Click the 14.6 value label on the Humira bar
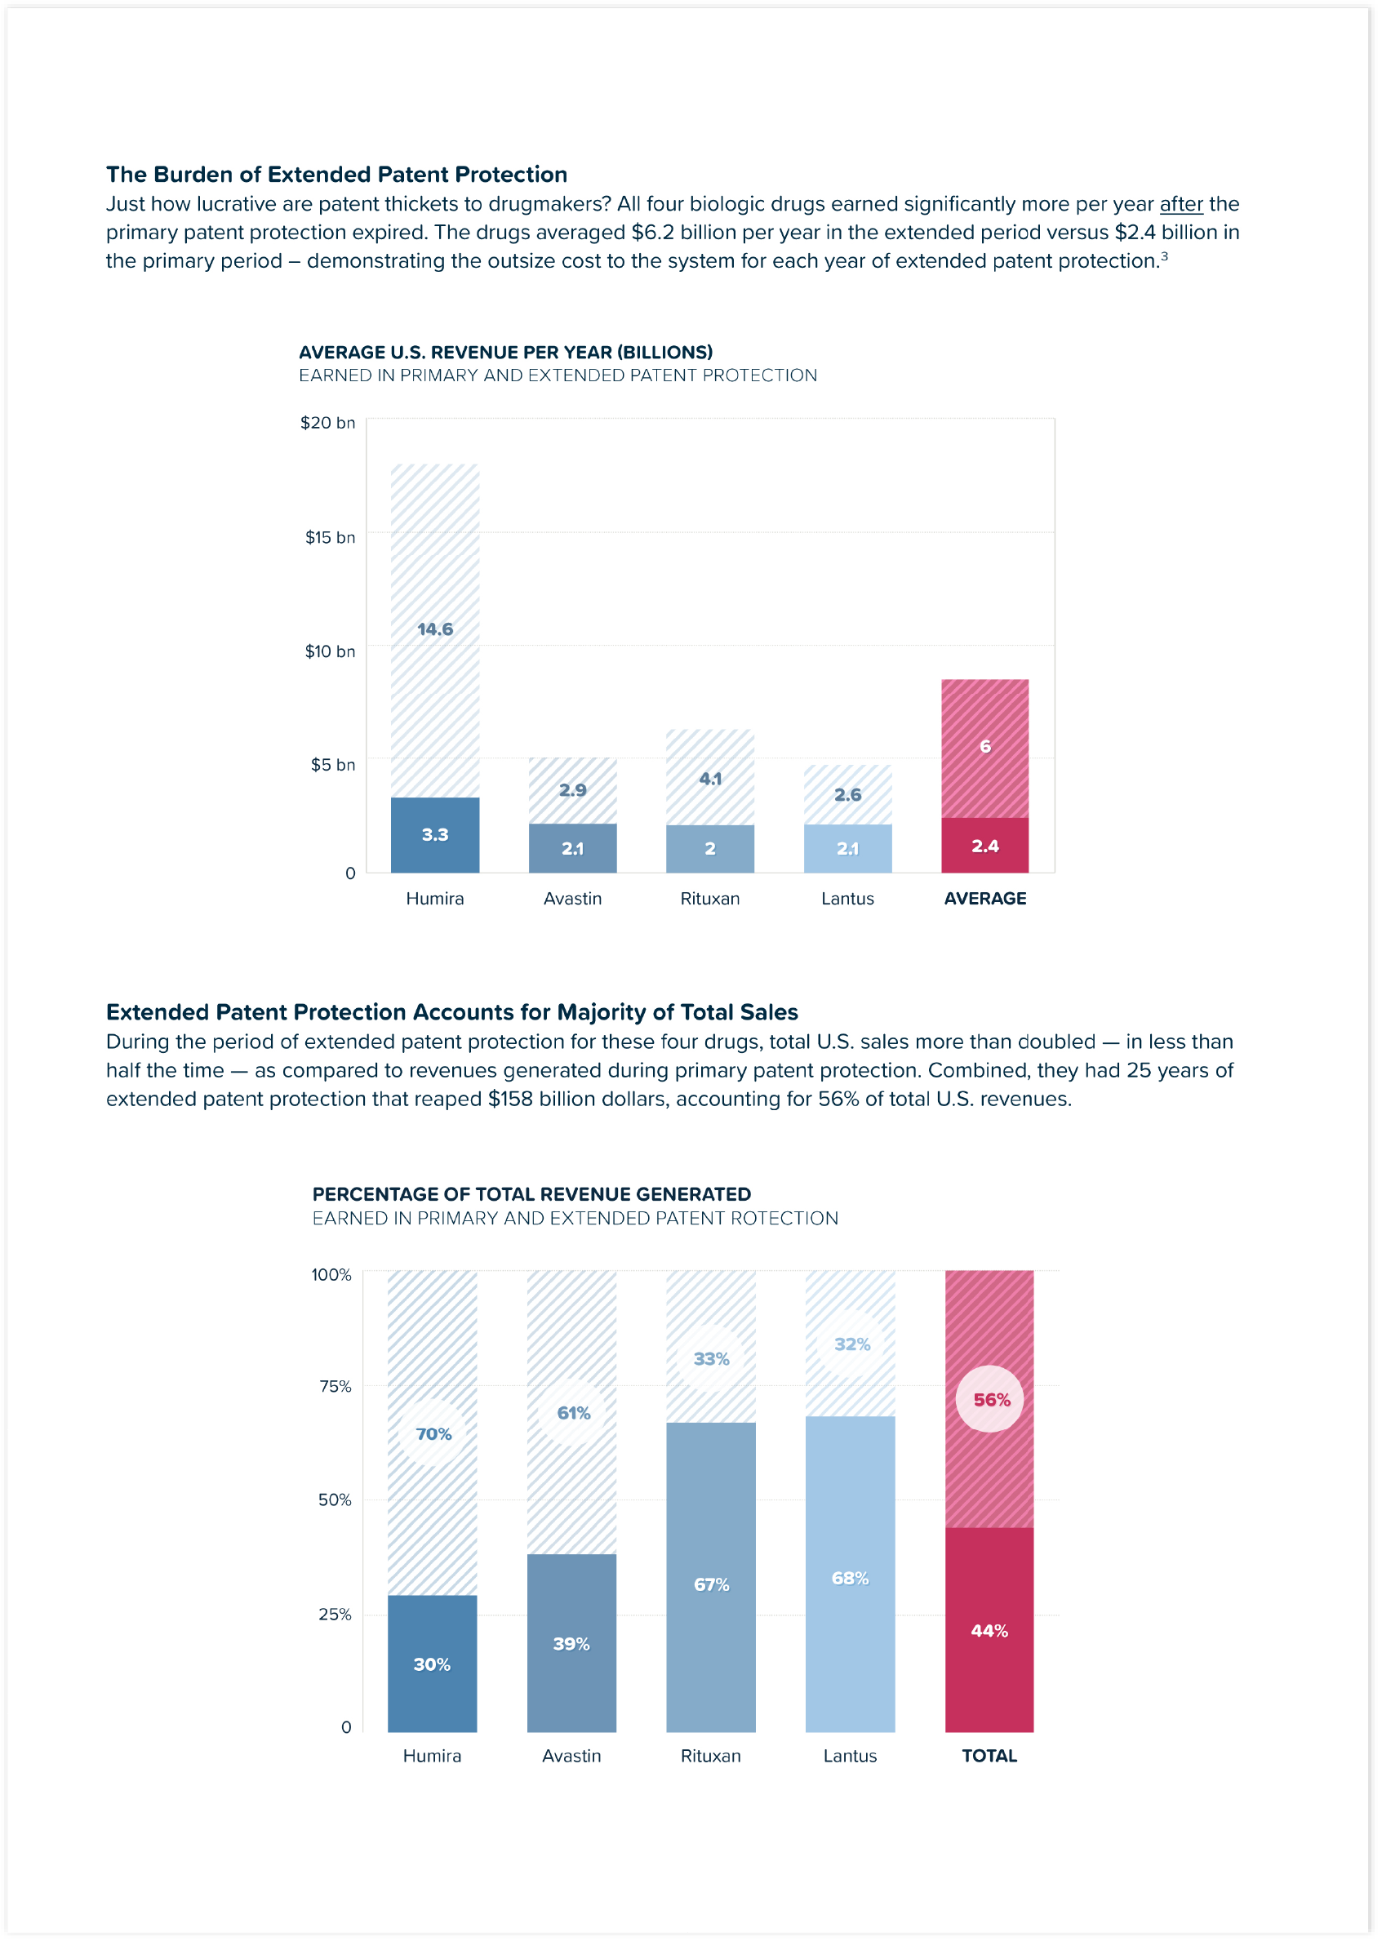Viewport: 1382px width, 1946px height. [435, 629]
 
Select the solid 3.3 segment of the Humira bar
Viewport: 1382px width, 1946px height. [435, 835]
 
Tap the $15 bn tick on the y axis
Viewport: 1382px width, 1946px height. [330, 537]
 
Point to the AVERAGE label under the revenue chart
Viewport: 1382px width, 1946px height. [984, 899]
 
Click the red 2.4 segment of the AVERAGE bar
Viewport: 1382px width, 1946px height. [984, 846]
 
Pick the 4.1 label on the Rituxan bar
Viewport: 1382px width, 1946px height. [709, 779]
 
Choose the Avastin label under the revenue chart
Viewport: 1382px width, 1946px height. [572, 899]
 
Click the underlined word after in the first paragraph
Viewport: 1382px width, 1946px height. [1180, 204]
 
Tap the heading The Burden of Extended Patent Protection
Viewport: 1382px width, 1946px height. [336, 175]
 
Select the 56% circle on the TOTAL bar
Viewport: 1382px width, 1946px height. [990, 1400]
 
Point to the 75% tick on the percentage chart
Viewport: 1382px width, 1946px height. [335, 1386]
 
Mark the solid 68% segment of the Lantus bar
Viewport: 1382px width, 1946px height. [849, 1579]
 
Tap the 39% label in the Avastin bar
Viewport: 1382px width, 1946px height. [571, 1644]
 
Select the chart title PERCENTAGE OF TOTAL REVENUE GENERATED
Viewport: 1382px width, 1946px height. [531, 1194]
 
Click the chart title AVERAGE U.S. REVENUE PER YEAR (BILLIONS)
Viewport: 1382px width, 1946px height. [505, 353]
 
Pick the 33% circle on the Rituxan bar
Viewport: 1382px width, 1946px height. [710, 1359]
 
